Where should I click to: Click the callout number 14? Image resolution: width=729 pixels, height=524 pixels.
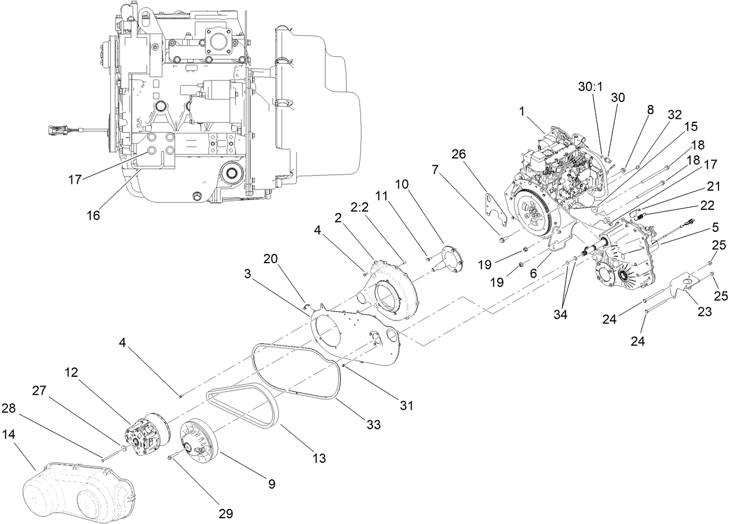coord(9,434)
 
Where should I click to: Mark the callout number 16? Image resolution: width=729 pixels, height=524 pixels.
coord(93,216)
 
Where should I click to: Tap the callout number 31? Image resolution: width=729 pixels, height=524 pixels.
coord(406,406)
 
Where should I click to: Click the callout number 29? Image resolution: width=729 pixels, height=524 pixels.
coord(225,513)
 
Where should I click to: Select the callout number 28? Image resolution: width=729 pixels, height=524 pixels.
coord(9,409)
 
